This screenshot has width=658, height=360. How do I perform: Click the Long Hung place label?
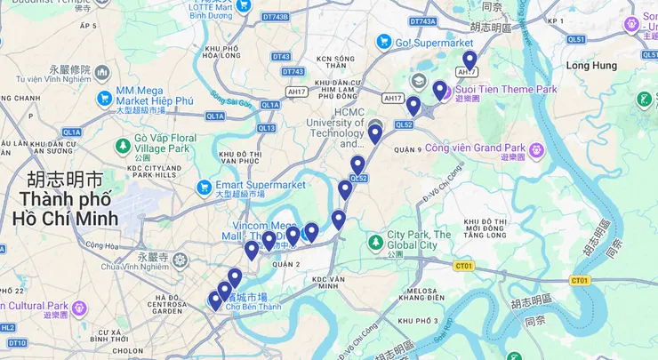pos(590,66)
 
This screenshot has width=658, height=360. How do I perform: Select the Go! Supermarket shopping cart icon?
pos(384,41)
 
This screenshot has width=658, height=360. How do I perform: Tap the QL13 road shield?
pos(267,128)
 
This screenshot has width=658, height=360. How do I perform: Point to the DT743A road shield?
pos(423,20)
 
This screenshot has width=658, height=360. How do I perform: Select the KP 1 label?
pos(556,20)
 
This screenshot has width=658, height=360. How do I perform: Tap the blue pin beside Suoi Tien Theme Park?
pos(439,91)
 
